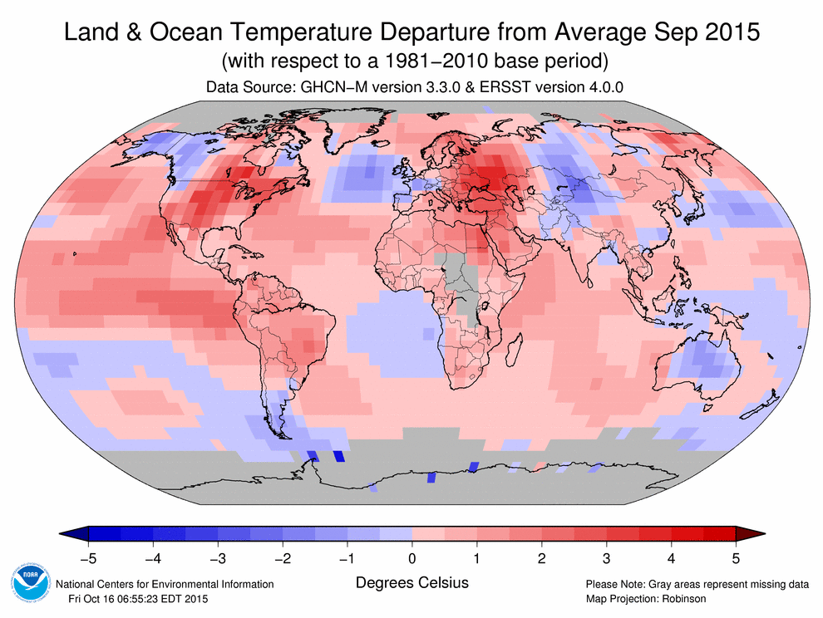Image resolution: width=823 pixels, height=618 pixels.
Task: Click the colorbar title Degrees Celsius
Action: click(411, 582)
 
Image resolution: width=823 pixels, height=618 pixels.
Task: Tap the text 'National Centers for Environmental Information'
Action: click(164, 585)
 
